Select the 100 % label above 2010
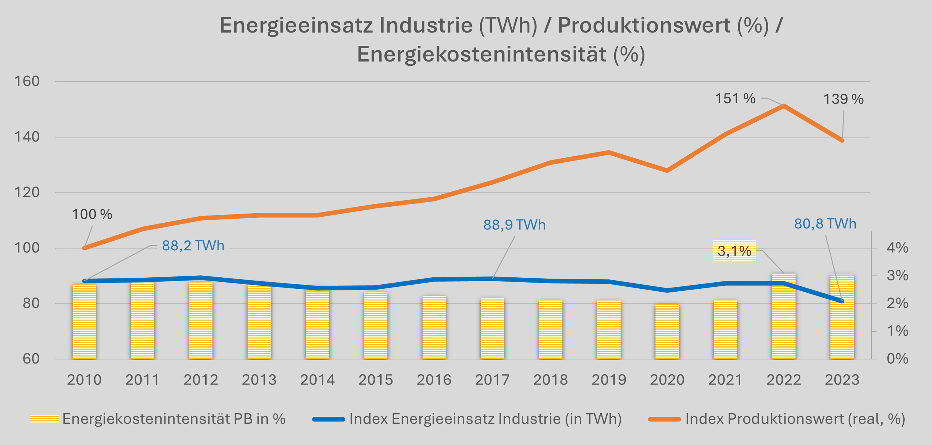(92, 214)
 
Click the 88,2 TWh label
(193, 246)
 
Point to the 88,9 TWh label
(514, 225)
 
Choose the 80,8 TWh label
(825, 224)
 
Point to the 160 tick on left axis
(27, 81)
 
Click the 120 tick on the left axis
(27, 192)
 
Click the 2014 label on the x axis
(317, 380)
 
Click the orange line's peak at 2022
(784, 106)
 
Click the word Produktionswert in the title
(644, 25)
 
